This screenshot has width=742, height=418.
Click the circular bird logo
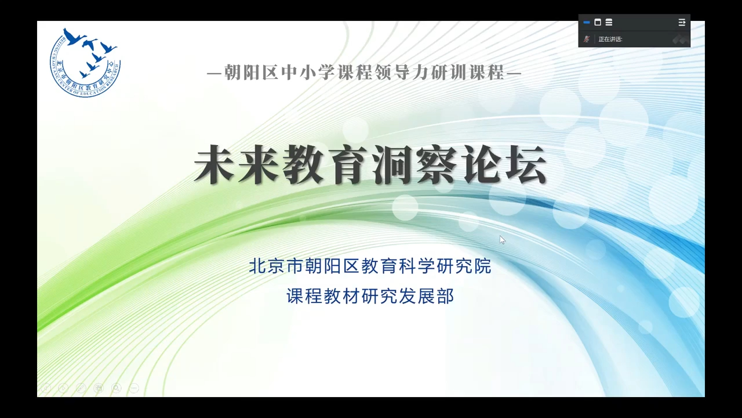(x=85, y=62)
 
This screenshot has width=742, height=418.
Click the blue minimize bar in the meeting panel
(x=587, y=23)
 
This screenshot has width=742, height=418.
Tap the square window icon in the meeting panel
(x=598, y=23)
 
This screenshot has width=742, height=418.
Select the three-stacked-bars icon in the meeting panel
(x=609, y=23)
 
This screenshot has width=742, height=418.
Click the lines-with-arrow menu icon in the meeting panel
(x=682, y=23)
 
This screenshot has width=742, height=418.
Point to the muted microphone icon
(x=587, y=39)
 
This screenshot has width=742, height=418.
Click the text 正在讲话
(x=610, y=39)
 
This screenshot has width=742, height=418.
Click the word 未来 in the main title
(x=237, y=165)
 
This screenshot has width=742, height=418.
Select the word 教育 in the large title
(x=325, y=165)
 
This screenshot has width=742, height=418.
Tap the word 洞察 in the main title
(x=414, y=165)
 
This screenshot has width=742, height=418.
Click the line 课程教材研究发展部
(x=370, y=296)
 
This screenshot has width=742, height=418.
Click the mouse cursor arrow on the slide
(x=502, y=240)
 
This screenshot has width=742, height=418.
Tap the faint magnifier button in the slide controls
(x=116, y=388)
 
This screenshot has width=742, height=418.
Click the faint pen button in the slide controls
(x=81, y=388)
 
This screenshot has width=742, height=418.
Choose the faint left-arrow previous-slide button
(x=46, y=388)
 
